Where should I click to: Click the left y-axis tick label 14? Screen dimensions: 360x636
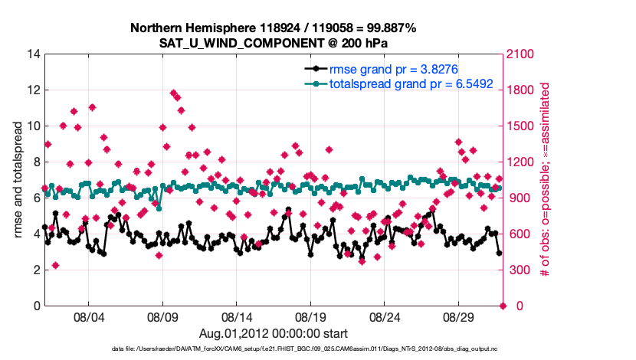[x=33, y=54]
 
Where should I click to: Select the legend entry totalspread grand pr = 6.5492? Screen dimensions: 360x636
[x=411, y=83]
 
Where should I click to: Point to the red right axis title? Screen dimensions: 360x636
[x=546, y=180]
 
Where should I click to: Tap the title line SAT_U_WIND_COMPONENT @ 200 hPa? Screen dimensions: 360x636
[x=273, y=43]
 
